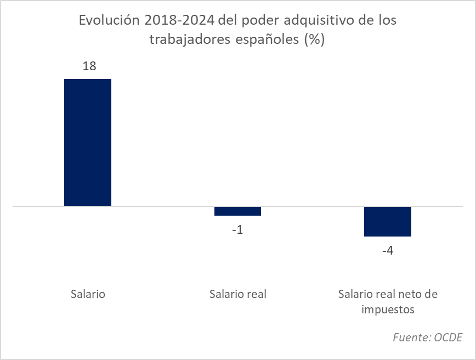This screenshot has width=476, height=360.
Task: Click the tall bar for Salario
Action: pos(88,143)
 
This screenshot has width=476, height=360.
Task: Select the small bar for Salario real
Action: pos(237,211)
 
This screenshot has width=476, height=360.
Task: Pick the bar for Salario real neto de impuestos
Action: pos(388,221)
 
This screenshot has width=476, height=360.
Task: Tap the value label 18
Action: pos(89,66)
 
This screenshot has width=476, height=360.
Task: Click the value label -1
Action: pos(237,229)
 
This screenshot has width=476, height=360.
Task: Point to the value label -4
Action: pos(387,251)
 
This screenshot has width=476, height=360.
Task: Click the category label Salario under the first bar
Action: pos(88,294)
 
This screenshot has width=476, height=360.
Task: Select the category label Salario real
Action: pos(237,294)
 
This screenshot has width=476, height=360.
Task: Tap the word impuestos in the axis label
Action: pos(388,309)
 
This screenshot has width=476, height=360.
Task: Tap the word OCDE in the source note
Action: pos(448,337)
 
